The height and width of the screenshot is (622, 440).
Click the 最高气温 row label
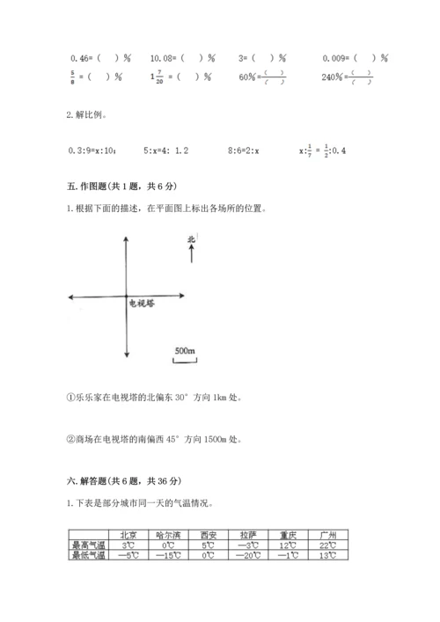click(x=87, y=545)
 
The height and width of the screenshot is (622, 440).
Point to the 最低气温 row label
click(x=87, y=554)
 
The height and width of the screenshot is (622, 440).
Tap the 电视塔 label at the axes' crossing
click(x=141, y=303)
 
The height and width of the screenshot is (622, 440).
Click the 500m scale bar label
click(x=184, y=351)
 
